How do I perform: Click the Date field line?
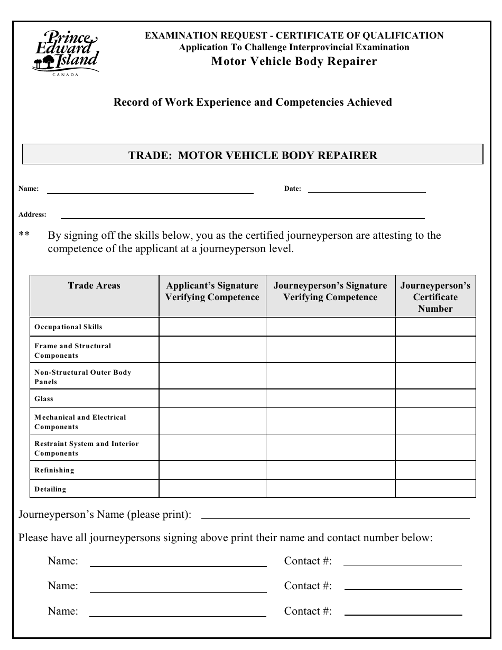pos(367,191)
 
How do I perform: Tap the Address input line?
pos(243,217)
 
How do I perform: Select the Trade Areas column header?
pos(94,286)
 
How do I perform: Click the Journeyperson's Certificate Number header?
pos(435,297)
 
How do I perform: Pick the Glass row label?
pos(44,399)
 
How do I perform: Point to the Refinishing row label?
pos(54,470)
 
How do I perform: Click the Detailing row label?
pos(50,489)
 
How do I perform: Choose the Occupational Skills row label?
pos(68,327)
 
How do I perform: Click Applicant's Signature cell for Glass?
pos(212,398)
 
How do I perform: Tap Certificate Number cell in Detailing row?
pos(435,489)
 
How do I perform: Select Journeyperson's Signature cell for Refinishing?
pos(330,470)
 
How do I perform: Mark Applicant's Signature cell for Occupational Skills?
pos(212,327)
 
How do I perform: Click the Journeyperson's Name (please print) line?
pos(335,517)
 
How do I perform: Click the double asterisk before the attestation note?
pos(24,235)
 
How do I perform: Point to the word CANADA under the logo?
pos(66,75)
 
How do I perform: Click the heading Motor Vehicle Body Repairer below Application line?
pos(294,61)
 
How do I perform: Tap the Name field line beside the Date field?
pos(150,192)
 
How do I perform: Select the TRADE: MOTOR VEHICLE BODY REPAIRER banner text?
pos(253,155)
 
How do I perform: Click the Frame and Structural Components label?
pos(72,351)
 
